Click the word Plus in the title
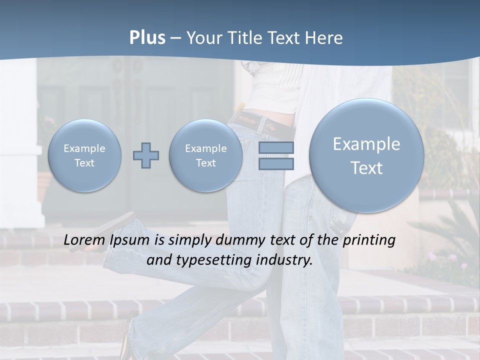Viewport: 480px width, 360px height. tap(147, 38)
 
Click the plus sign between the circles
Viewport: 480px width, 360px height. tap(146, 155)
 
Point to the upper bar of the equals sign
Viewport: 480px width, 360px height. tap(276, 147)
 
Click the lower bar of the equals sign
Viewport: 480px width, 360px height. tap(276, 163)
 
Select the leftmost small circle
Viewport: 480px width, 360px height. tap(84, 155)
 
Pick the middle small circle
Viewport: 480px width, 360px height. tap(205, 155)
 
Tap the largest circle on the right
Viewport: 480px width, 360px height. tap(366, 155)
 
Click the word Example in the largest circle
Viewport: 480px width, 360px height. tap(366, 144)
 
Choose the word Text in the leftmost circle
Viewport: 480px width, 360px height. tap(84, 163)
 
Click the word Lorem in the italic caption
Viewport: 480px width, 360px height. tap(84, 240)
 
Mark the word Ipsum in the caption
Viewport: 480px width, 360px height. tap(129, 240)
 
